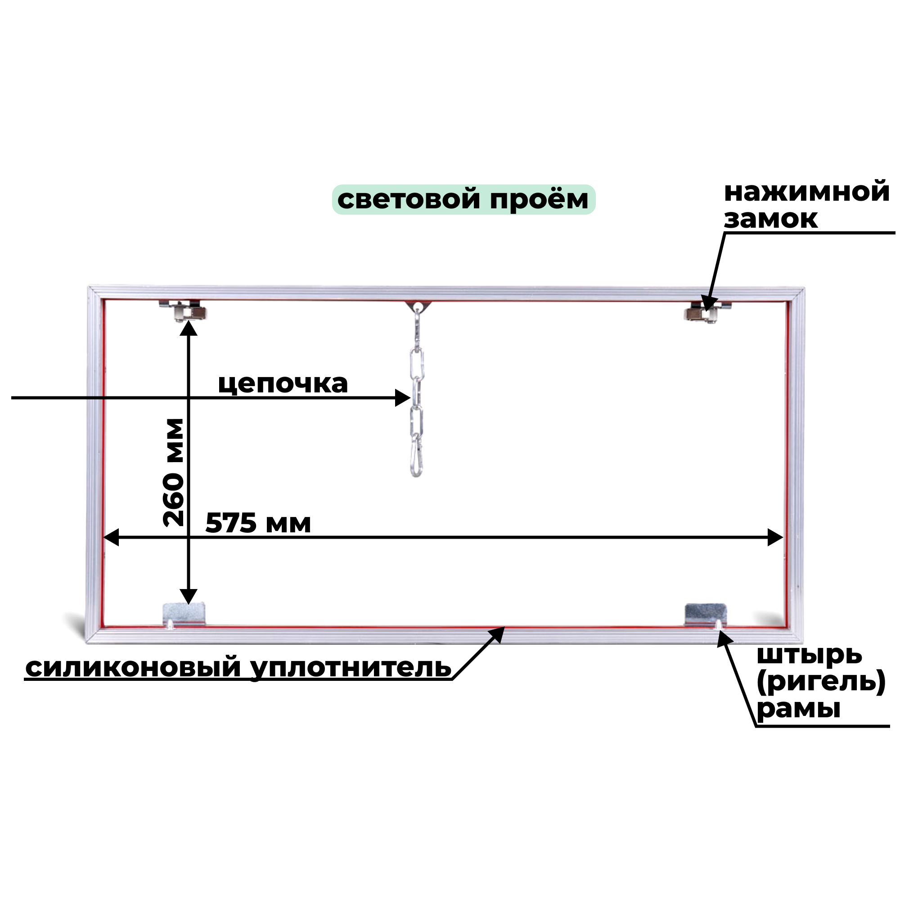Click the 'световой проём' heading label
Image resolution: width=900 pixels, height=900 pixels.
(463, 199)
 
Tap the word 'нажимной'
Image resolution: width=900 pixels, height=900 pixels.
(806, 192)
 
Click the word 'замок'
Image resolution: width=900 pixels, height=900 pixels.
(770, 219)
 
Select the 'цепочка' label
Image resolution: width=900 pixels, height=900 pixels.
(283, 384)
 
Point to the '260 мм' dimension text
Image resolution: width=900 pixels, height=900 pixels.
(174, 472)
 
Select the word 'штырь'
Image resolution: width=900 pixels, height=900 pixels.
(809, 655)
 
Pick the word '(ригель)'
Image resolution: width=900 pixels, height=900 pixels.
(820, 682)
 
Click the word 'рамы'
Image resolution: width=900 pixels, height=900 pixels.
(798, 709)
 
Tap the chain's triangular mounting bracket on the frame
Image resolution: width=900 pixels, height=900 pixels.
(418, 306)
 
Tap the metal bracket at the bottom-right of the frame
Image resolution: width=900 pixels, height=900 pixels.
(705, 614)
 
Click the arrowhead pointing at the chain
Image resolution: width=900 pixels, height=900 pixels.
(403, 398)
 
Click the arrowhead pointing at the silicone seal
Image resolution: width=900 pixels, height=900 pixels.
(499, 633)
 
